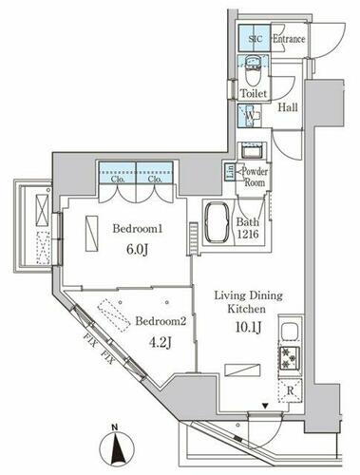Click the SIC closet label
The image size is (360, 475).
[255, 39]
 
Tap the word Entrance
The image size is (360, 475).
[289, 39]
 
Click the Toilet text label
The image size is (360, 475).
[254, 94]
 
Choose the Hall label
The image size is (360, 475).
[288, 107]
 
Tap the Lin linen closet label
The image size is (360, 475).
[231, 172]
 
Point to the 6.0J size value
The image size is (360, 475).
[140, 251]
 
